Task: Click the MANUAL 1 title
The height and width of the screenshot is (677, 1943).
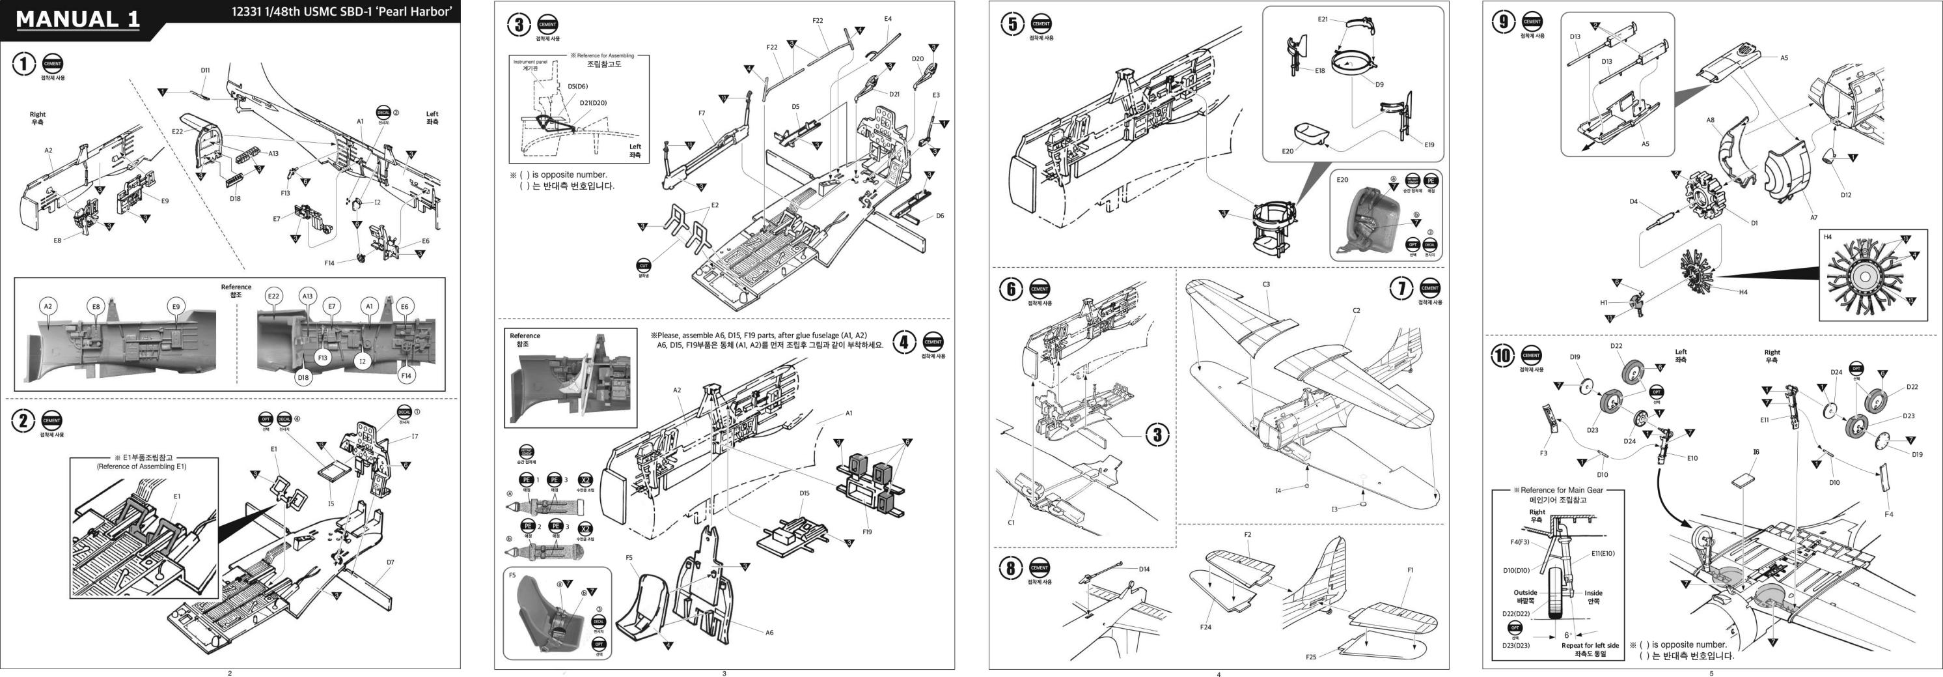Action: coord(77,20)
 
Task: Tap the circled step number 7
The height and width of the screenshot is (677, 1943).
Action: coord(1401,287)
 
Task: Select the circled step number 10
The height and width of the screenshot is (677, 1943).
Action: coord(1502,356)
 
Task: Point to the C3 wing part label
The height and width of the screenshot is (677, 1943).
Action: coord(1267,285)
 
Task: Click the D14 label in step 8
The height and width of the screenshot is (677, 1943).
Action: coord(1144,569)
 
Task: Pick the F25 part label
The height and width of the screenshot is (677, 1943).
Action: coord(1311,657)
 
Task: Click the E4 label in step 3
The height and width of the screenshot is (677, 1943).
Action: coord(888,19)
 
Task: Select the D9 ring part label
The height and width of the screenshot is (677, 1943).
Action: coord(1379,85)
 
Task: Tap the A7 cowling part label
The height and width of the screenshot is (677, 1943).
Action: coord(1813,218)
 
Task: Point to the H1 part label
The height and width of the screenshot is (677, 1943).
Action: coord(1604,302)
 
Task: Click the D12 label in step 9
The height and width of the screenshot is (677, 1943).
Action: coord(1846,195)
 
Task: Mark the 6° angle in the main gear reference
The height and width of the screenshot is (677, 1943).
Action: coord(1567,635)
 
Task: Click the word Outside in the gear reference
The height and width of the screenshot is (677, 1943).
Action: coord(1525,592)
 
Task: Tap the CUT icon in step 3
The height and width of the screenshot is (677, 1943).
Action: coord(643,266)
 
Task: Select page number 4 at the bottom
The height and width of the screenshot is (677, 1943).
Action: coord(1218,674)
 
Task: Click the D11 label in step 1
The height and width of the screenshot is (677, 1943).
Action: coord(205,70)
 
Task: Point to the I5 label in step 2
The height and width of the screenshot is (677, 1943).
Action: coord(331,504)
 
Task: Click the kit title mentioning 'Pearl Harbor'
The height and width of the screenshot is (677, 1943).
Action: coord(341,11)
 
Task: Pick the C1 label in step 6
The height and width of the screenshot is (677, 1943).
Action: coord(1012,523)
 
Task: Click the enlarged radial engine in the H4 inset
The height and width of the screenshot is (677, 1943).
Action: coord(1864,277)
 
